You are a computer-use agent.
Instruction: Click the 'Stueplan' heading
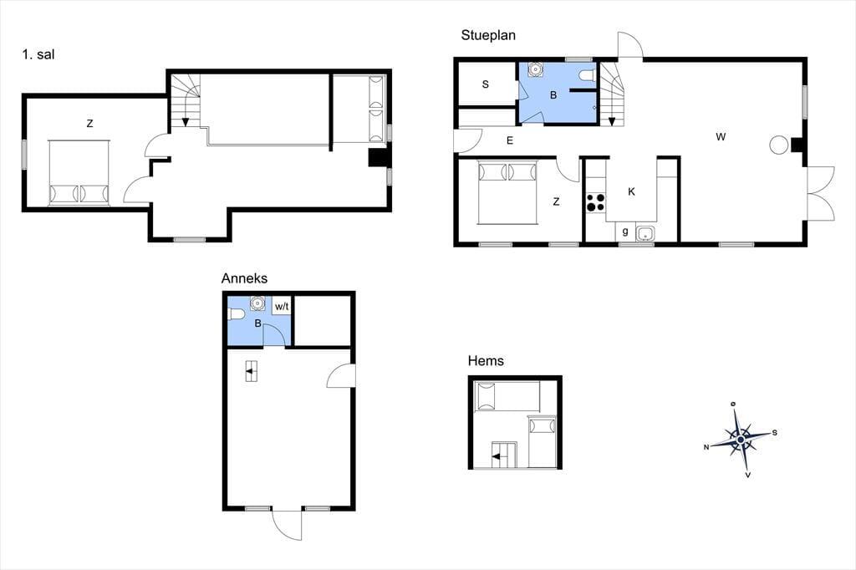pyautogui.click(x=488, y=35)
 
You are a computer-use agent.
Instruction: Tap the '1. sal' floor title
pyautogui.click(x=38, y=54)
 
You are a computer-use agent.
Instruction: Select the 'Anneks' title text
pyautogui.click(x=244, y=278)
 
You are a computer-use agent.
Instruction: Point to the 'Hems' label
pyautogui.click(x=486, y=361)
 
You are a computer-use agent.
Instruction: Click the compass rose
pyautogui.click(x=741, y=439)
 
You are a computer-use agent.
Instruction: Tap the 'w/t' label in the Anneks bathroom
pyautogui.click(x=282, y=307)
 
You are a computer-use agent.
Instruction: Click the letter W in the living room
pyautogui.click(x=721, y=137)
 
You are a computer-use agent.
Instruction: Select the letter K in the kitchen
pyautogui.click(x=632, y=191)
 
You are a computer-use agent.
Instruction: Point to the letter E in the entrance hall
pyautogui.click(x=510, y=141)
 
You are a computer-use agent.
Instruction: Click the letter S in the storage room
pyautogui.click(x=486, y=84)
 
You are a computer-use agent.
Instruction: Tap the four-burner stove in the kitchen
pyautogui.click(x=595, y=202)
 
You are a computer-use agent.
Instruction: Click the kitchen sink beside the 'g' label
pyautogui.click(x=645, y=233)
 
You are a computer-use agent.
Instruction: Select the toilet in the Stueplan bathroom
pyautogui.click(x=586, y=75)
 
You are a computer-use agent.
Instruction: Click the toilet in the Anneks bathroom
pyautogui.click(x=236, y=314)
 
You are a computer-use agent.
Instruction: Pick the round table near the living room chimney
pyautogui.click(x=778, y=145)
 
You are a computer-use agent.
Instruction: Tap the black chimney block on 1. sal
pyautogui.click(x=377, y=158)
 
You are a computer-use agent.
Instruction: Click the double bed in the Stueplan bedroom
pyautogui.click(x=507, y=192)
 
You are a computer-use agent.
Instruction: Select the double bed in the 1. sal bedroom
pyautogui.click(x=79, y=172)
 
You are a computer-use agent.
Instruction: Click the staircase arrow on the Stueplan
pyautogui.click(x=611, y=121)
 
